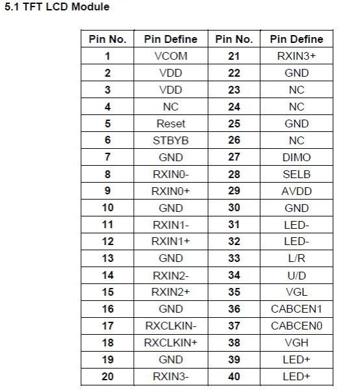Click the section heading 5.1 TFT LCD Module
coord(57,7)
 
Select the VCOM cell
coord(170,56)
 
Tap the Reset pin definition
coord(170,123)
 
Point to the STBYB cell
coord(170,140)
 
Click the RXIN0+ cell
coord(170,191)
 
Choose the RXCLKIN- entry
coord(170,326)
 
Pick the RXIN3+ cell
coord(296,56)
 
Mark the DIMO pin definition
coord(296,157)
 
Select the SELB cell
coord(296,174)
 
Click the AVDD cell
coord(296,191)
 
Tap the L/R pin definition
coord(296,258)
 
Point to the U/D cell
coord(296,275)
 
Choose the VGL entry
coord(296,292)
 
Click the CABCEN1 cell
coord(296,309)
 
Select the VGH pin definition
coord(296,343)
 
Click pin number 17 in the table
coord(108,326)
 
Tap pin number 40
coord(234,376)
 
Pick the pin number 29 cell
coord(234,191)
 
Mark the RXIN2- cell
coord(170,275)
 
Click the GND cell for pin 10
coord(170,208)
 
